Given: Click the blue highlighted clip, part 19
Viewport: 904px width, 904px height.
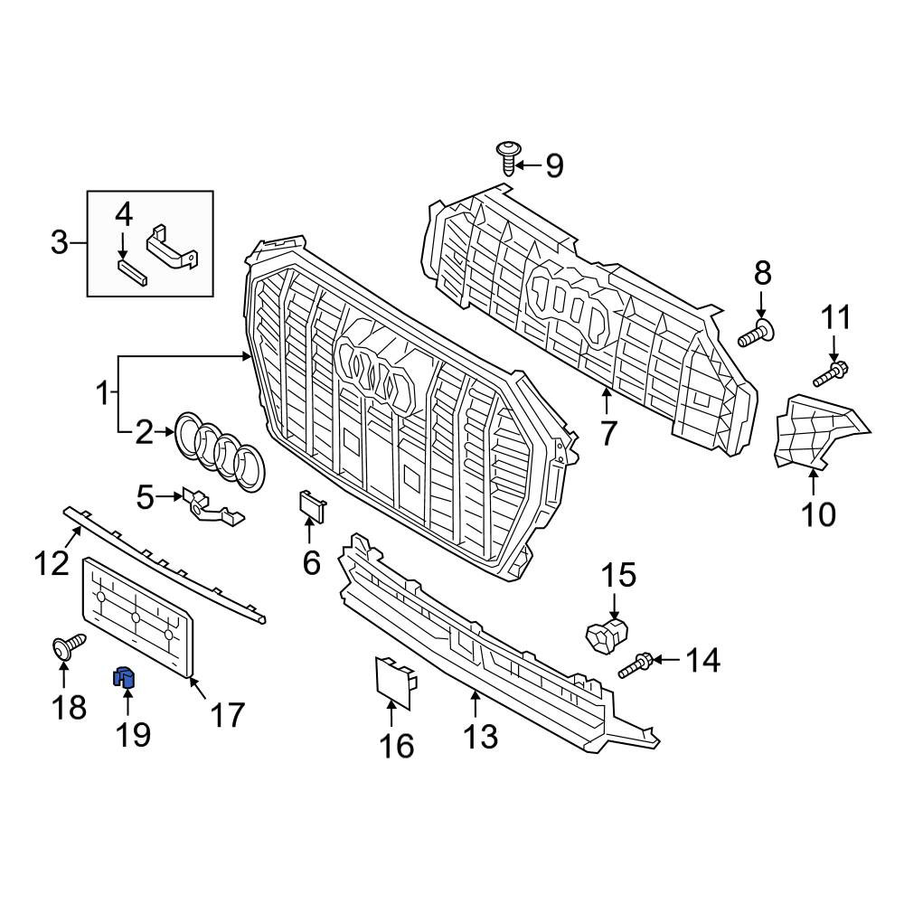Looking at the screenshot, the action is coord(123,678).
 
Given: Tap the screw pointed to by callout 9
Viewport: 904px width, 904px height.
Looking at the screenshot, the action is coord(508,156).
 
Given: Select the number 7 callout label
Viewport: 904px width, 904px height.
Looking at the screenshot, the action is coord(608,433).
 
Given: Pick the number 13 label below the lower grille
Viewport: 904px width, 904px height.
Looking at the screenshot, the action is coord(480,736).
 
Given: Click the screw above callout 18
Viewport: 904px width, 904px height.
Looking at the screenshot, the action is coord(69,646).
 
